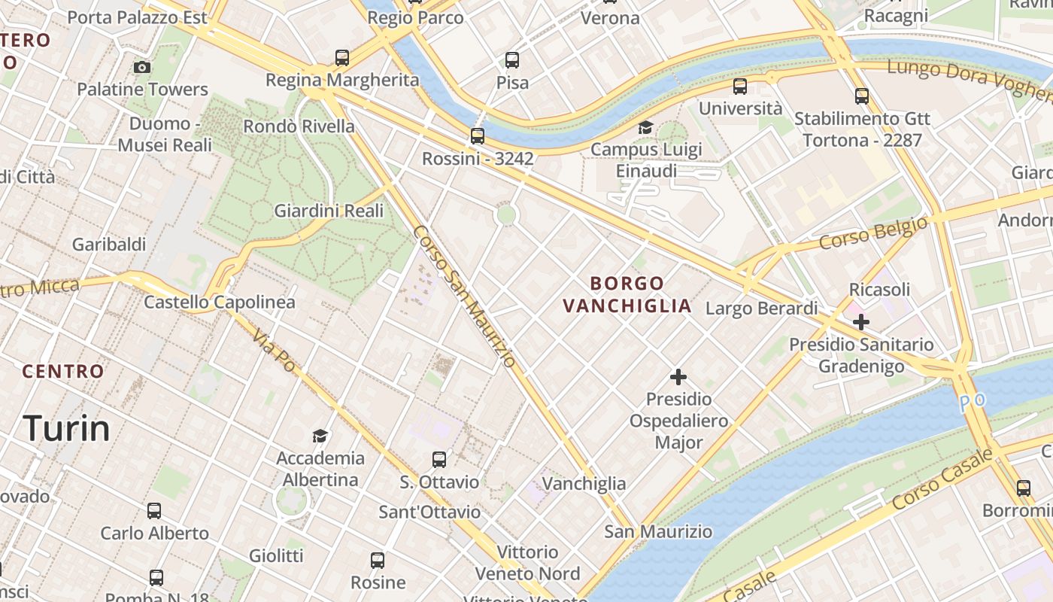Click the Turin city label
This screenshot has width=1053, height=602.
pyautogui.click(x=67, y=428)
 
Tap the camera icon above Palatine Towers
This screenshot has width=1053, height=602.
pyautogui.click(x=141, y=68)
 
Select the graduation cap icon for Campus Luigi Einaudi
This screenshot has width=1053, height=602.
pyautogui.click(x=645, y=127)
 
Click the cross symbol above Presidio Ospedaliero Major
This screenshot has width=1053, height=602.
pyautogui.click(x=678, y=376)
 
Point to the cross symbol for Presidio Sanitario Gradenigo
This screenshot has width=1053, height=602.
pyautogui.click(x=861, y=322)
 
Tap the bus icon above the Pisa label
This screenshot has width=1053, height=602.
pyautogui.click(x=512, y=60)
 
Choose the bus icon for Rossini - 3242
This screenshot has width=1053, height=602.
pyautogui.click(x=478, y=136)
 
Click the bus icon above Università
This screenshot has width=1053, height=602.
pyautogui.click(x=740, y=87)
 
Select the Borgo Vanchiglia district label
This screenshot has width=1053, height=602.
pyautogui.click(x=627, y=294)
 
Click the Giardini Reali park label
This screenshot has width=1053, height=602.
pyautogui.click(x=329, y=211)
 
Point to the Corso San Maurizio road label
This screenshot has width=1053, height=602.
pyautogui.click(x=464, y=296)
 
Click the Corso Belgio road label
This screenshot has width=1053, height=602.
pyautogui.click(x=873, y=233)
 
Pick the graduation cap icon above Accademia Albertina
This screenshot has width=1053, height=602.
pyautogui.click(x=320, y=436)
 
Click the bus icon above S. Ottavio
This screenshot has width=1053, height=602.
pyautogui.click(x=439, y=460)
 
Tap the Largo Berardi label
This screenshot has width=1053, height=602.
pyautogui.click(x=761, y=308)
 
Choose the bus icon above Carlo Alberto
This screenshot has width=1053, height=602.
pyautogui.click(x=154, y=511)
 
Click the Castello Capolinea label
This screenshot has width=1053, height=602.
pyautogui.click(x=220, y=302)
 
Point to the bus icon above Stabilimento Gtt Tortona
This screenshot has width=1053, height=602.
pyautogui.click(x=862, y=96)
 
